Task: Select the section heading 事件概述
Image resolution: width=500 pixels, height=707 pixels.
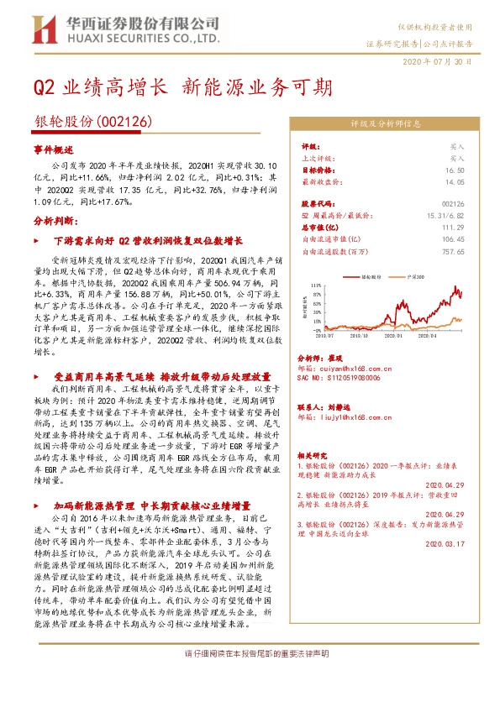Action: click(55, 149)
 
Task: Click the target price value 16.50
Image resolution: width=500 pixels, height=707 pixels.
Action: click(455, 169)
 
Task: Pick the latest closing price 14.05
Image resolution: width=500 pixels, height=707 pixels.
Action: click(455, 181)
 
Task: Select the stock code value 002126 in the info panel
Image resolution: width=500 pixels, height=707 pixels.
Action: click(452, 203)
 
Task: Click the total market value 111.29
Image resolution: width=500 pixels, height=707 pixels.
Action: click(452, 227)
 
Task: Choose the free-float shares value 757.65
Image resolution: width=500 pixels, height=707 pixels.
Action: click(451, 250)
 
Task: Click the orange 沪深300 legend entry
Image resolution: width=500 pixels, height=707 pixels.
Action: click(413, 275)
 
